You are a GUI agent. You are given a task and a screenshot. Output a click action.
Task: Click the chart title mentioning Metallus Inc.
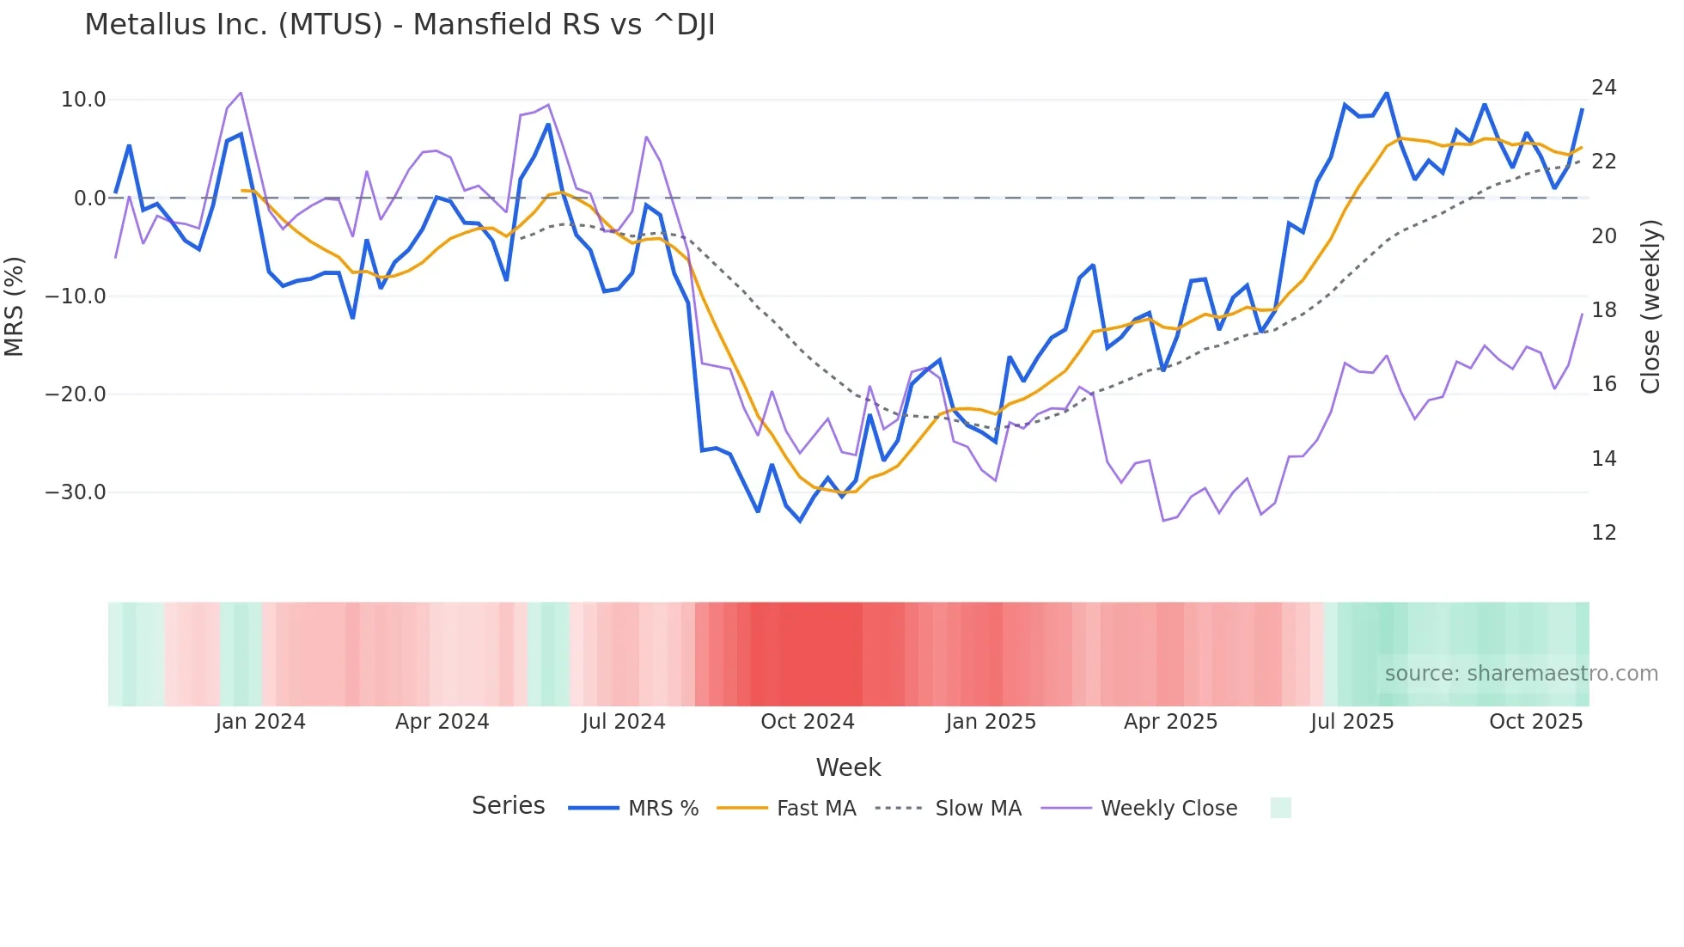tap(400, 25)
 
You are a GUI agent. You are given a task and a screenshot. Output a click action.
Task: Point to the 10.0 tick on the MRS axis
tap(83, 100)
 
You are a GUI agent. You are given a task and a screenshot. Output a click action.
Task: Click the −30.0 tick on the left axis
tap(76, 492)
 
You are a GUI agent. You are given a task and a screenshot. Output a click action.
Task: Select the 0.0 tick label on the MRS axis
tap(90, 199)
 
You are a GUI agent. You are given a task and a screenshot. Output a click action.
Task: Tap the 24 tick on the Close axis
tap(1604, 88)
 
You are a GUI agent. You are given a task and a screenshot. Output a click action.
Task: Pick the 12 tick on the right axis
tap(1604, 533)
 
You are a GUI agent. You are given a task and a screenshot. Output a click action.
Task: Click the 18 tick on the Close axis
tap(1604, 310)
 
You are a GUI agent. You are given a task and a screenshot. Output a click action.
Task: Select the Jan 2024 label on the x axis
tap(260, 722)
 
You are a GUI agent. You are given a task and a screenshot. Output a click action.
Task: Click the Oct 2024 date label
tap(808, 722)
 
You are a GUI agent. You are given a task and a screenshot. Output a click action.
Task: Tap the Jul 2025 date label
tap(1352, 722)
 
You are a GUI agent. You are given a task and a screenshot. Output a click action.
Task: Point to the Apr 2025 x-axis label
tap(1171, 722)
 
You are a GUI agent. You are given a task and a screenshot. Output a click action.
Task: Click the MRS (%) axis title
tap(15, 306)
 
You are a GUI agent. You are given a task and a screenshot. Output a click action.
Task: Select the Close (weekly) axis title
tap(1650, 307)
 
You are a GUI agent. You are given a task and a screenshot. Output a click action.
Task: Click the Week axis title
tap(848, 767)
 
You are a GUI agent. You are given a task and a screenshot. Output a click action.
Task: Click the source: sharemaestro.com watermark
tap(1521, 674)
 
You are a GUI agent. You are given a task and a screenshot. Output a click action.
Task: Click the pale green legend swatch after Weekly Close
tap(1280, 808)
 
